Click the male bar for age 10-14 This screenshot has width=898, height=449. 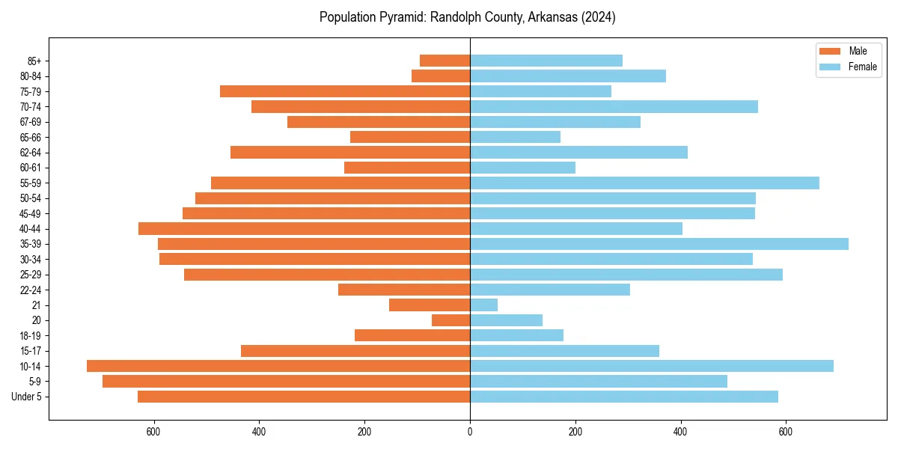coord(278,366)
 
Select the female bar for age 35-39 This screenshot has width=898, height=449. coord(659,244)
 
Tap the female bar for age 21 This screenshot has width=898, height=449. coord(483,305)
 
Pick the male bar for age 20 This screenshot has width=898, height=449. coord(450,320)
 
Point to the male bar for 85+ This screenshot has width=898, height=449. coord(445,61)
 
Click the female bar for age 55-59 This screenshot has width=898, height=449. coord(644,183)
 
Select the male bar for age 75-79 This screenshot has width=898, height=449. coord(345,91)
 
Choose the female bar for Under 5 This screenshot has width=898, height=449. coord(623,397)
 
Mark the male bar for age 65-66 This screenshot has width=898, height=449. coord(410,137)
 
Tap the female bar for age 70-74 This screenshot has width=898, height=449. coord(614,107)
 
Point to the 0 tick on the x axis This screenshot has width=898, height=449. coord(470,432)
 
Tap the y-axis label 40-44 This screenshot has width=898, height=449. coord(31,229)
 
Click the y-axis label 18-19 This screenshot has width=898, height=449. coord(31,336)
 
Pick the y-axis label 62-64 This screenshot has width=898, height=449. coord(31,153)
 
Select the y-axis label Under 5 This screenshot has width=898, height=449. coord(26,397)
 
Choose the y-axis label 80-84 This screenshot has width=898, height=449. coord(31,76)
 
